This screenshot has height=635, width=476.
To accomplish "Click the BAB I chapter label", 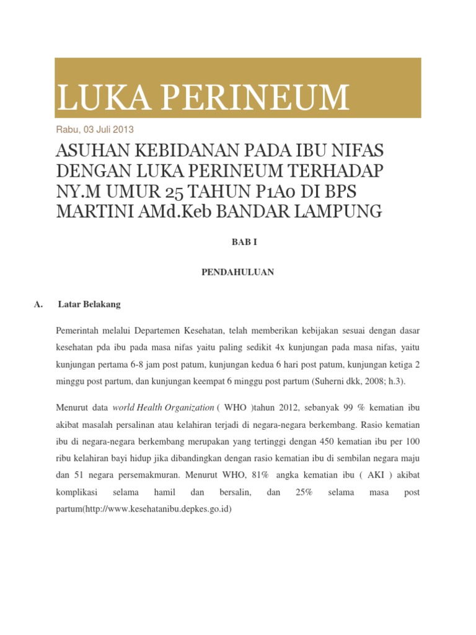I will (x=237, y=242).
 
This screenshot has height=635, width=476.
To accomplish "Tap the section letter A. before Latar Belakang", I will (x=37, y=304).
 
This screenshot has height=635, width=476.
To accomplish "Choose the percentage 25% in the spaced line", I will (x=304, y=492).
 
